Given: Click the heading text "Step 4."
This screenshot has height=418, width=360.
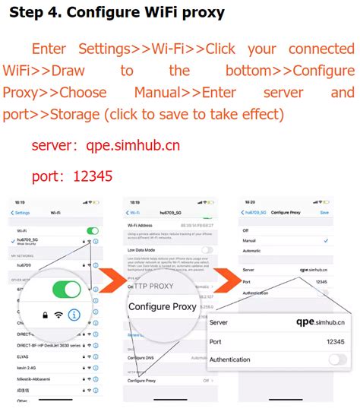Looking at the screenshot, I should tap(37, 14).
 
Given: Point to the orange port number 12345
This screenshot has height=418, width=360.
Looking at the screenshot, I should tap(93, 176).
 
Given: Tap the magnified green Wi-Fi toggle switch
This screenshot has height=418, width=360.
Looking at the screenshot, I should tap(66, 289).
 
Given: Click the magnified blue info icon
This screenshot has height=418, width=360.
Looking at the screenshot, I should tap(74, 315).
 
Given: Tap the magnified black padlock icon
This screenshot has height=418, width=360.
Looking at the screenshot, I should tap(36, 315).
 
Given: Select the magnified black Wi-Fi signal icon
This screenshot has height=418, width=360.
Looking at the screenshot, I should tap(55, 315).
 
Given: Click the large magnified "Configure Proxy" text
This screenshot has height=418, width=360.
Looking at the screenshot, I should tap(162, 307).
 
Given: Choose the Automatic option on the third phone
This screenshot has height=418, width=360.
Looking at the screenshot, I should tap(252, 250).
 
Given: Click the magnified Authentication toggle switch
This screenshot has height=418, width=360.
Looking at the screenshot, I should tap(337, 359).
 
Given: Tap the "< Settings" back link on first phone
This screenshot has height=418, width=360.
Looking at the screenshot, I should tap(21, 213).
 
